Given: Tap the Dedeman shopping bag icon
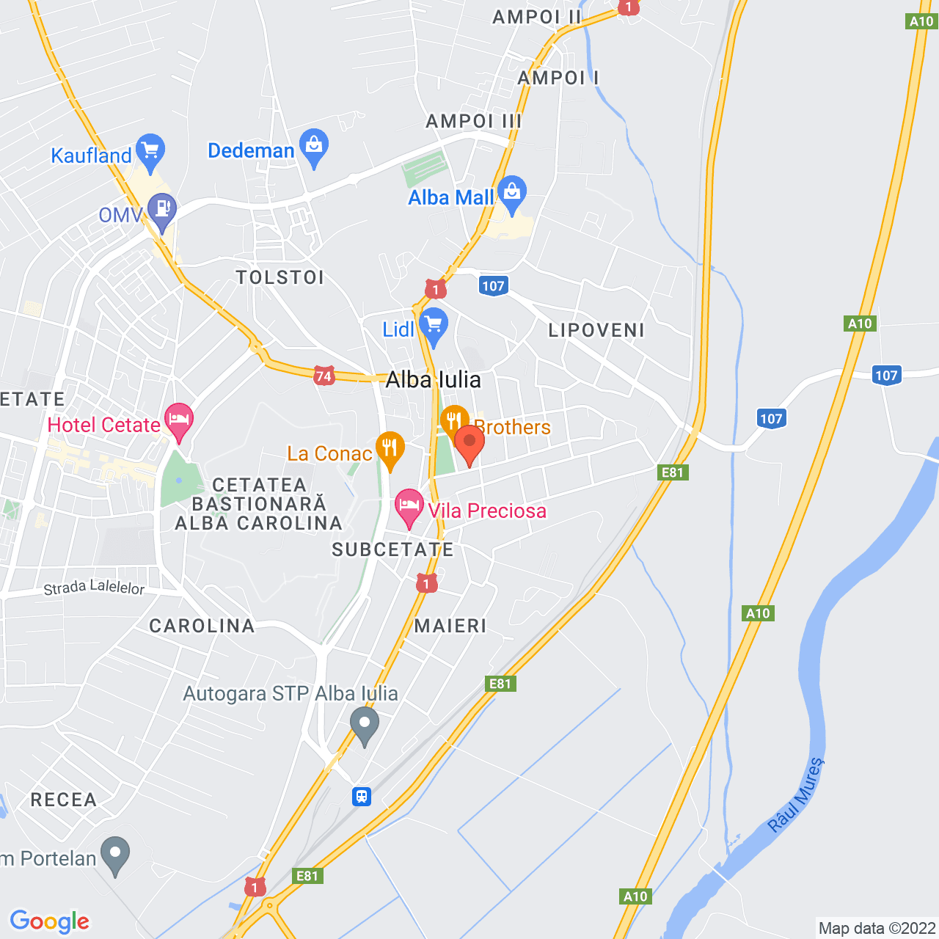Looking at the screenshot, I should pyautogui.click(x=314, y=145).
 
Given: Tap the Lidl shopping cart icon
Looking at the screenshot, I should pyautogui.click(x=434, y=324).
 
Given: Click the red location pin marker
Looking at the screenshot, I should pyautogui.click(x=469, y=443).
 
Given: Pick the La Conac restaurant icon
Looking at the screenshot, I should pyautogui.click(x=390, y=447).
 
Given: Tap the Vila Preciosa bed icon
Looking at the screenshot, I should pyautogui.click(x=409, y=505).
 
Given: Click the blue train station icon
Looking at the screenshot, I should pyautogui.click(x=362, y=796).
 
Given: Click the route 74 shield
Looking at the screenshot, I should pyautogui.click(x=324, y=376).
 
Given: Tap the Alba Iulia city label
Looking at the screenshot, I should pyautogui.click(x=434, y=379).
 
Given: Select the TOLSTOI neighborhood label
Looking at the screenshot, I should pyautogui.click(x=280, y=277).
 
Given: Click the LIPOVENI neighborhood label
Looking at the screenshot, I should pyautogui.click(x=596, y=330).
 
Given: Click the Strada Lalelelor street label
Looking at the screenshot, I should pyautogui.click(x=94, y=588).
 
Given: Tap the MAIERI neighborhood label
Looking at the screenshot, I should pyautogui.click(x=450, y=626).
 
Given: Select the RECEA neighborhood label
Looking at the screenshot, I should pyautogui.click(x=64, y=800).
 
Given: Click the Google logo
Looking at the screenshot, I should pyautogui.click(x=50, y=921).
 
